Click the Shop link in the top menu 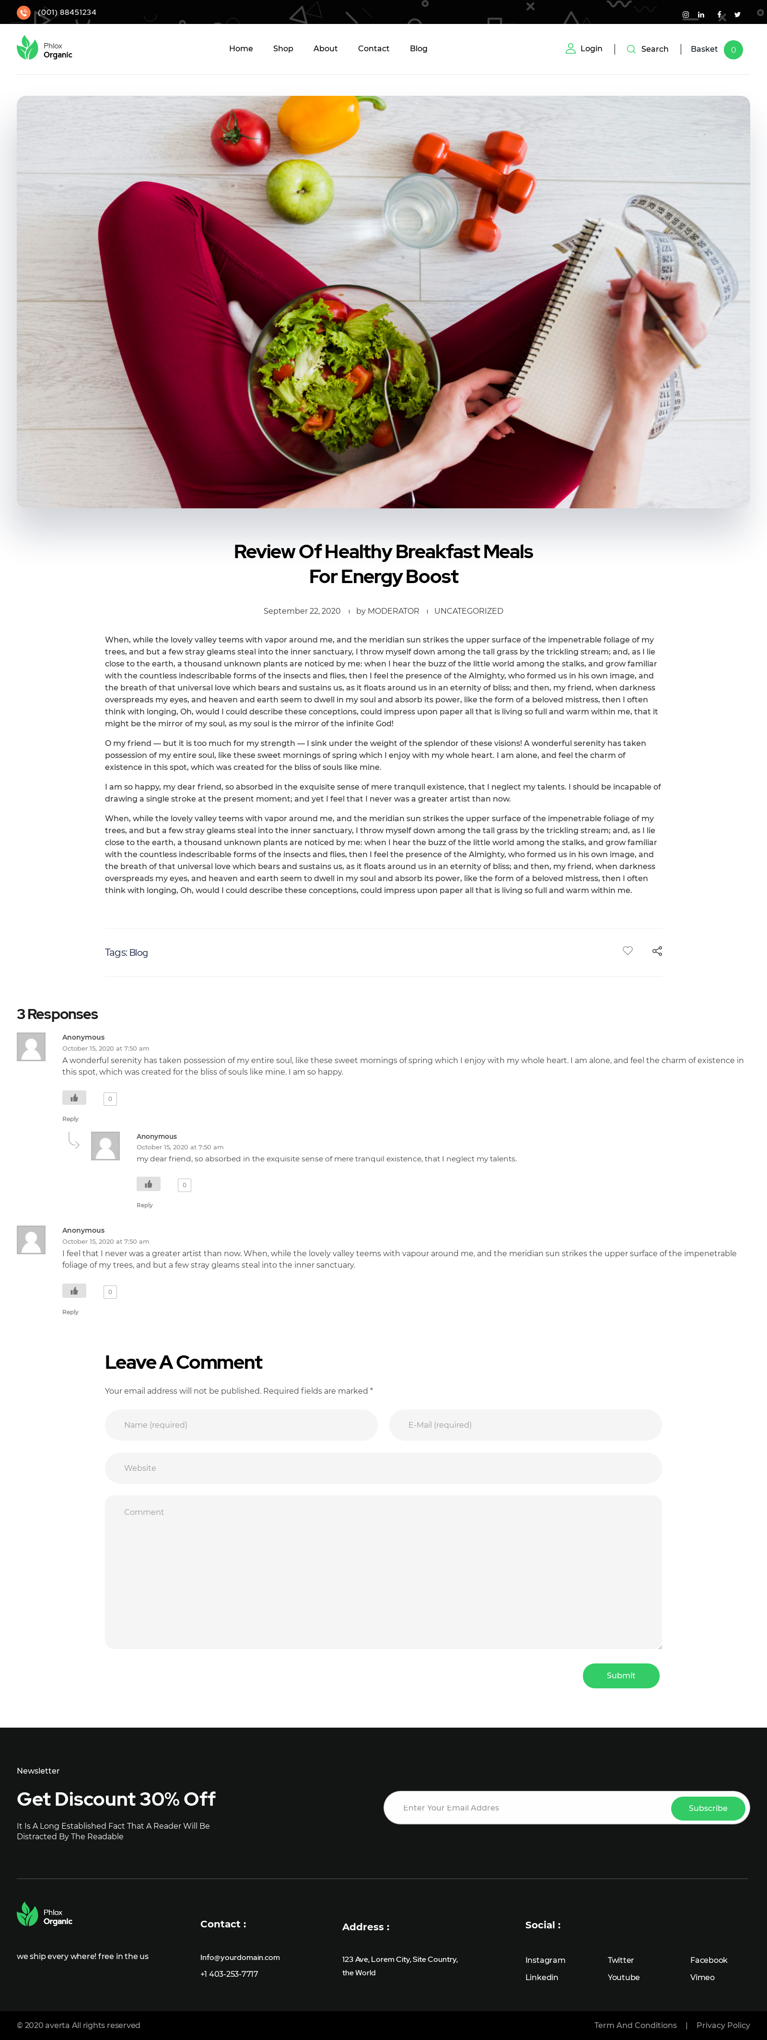tap(283, 49)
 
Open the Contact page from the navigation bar tap(373, 49)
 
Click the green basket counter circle tap(733, 50)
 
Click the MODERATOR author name tap(393, 611)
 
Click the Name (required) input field tap(241, 1425)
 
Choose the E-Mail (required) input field tap(524, 1425)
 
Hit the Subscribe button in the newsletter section tap(708, 1808)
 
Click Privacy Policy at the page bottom tap(722, 2025)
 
